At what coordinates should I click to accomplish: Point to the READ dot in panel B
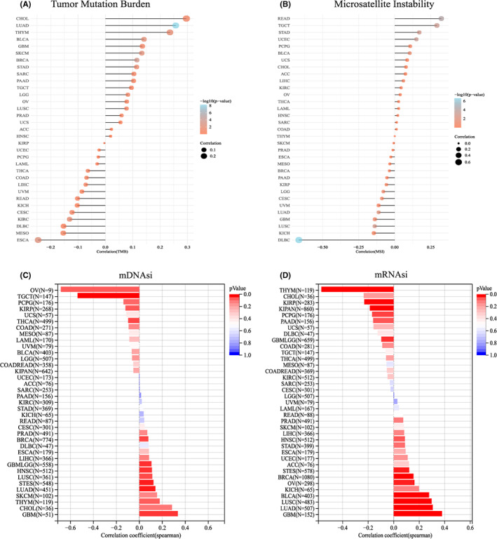click(441, 18)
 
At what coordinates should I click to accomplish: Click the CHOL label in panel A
click(22, 18)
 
